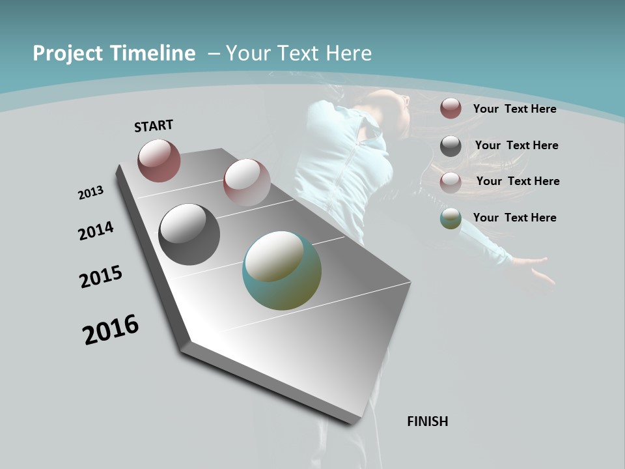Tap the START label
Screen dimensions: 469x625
coord(154,126)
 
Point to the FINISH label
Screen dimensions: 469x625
coord(428,421)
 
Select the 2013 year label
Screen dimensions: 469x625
coord(91,193)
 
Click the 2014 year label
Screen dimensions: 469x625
coord(96,231)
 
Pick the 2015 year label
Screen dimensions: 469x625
coord(101,277)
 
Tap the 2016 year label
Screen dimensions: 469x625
coord(111,330)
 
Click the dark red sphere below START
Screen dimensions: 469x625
coord(159,160)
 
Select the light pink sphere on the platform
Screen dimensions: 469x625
coord(247,182)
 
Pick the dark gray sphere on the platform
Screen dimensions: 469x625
coord(189,234)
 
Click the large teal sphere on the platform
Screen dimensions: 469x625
coord(282,270)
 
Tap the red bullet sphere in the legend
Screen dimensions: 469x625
coord(451,108)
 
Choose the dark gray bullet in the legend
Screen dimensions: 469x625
coord(451,146)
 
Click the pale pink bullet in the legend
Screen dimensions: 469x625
coord(451,182)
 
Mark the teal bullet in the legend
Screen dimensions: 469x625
coord(451,218)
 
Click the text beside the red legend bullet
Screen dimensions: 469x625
coord(514,109)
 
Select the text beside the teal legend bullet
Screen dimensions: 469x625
coord(514,218)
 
